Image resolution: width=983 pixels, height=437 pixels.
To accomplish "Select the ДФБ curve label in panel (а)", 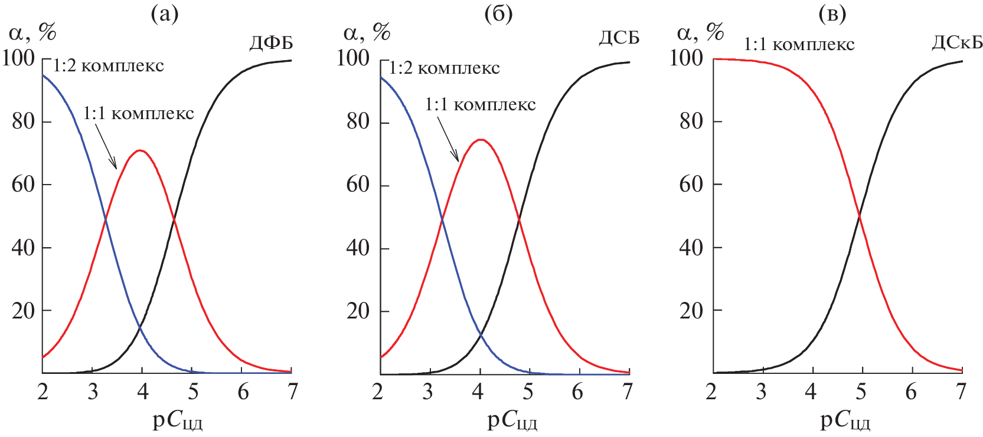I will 270,43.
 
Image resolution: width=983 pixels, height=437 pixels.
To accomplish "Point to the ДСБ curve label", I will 619,38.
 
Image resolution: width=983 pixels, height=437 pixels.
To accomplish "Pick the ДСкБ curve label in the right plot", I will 957,43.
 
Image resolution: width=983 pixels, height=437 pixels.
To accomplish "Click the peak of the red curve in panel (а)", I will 140,150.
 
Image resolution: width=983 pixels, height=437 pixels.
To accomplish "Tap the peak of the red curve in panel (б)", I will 481,140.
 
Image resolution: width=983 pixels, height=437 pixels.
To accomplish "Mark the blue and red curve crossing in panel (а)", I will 106,220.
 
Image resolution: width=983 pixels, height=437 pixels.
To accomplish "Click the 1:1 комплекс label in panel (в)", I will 798,44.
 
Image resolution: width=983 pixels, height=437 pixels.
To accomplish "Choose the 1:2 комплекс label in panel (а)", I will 108,65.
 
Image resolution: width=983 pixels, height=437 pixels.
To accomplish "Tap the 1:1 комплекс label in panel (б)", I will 480,104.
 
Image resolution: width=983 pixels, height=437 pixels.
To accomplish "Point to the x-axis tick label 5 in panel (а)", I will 193,391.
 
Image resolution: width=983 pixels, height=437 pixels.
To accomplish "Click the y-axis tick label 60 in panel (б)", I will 357,185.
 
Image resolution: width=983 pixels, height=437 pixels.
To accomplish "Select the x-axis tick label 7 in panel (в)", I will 961,391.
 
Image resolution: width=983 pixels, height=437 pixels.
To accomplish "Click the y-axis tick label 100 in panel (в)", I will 687,58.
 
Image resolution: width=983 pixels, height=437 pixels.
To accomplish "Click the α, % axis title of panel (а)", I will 32,32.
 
